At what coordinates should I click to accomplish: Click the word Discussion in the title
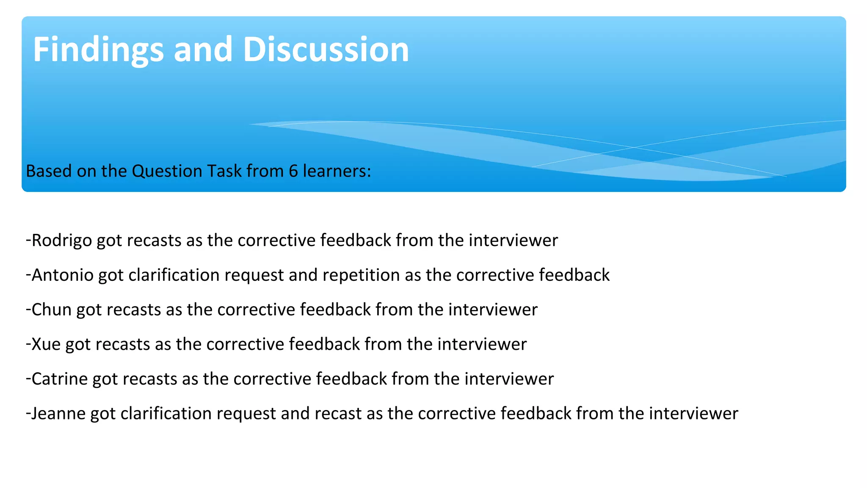click(x=326, y=50)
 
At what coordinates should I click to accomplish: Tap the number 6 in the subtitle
click(x=293, y=171)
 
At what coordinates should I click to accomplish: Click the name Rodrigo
click(x=62, y=241)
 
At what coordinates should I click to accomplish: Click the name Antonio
click(x=63, y=275)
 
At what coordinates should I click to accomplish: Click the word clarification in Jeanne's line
click(x=166, y=413)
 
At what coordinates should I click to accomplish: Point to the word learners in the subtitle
click(x=337, y=171)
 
